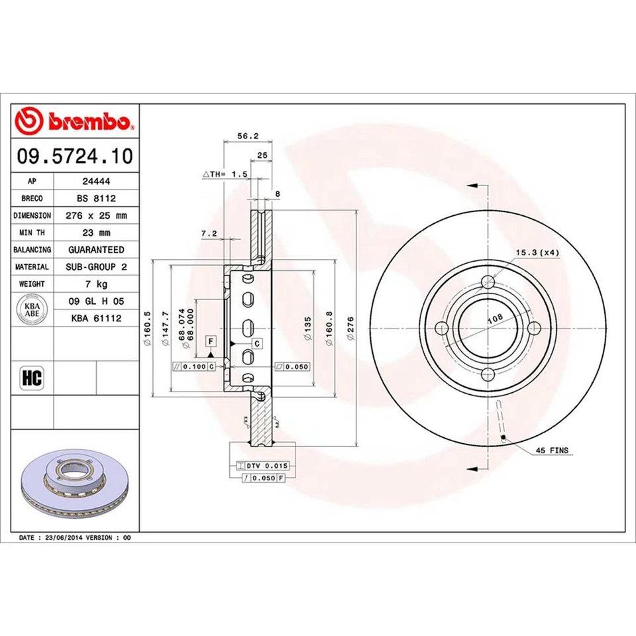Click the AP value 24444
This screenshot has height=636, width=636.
click(96, 180)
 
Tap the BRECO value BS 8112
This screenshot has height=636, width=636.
click(96, 197)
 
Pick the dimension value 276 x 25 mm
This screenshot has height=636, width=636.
click(96, 215)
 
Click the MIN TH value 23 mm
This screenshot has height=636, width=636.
click(96, 233)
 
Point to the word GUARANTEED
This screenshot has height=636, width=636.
click(96, 250)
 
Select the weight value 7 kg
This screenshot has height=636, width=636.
click(96, 284)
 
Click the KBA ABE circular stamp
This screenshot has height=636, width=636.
click(32, 311)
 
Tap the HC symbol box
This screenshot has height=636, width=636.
click(32, 378)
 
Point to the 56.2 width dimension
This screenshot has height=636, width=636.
click(247, 136)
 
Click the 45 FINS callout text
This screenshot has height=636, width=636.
click(552, 450)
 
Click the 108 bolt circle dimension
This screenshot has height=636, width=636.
click(494, 319)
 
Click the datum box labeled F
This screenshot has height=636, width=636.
click(211, 341)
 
